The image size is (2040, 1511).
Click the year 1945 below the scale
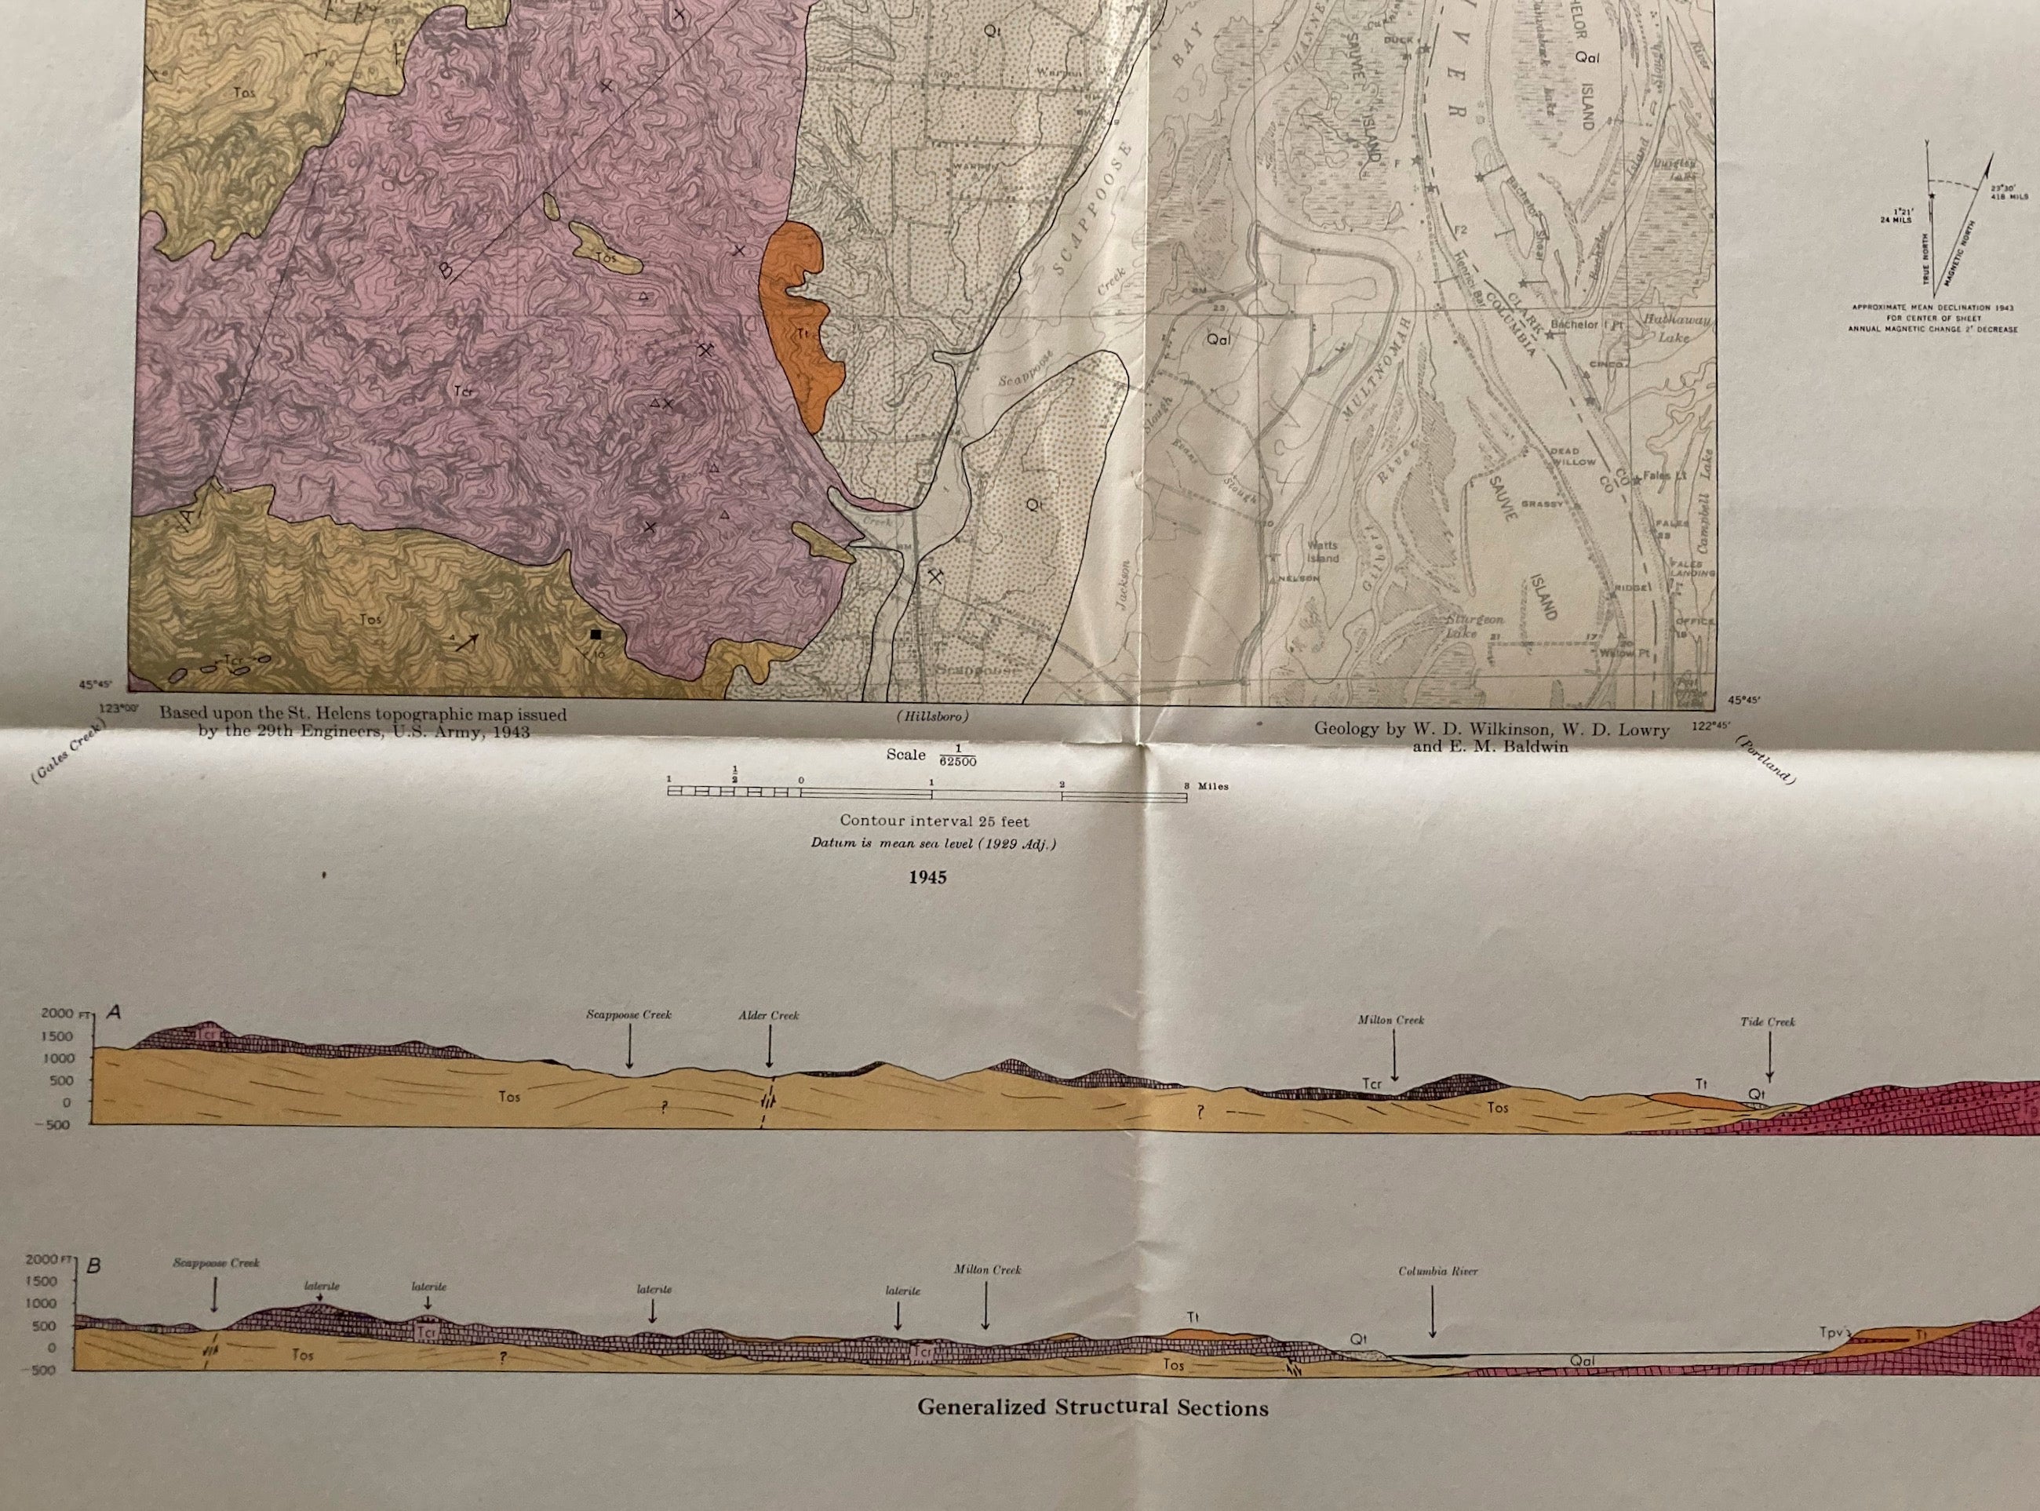[x=927, y=877]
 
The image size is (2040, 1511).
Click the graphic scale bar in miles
[x=927, y=794]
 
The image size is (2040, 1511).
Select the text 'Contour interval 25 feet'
[x=934, y=821]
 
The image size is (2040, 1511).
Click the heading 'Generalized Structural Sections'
[x=1092, y=1407]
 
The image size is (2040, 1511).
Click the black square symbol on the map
[x=596, y=634]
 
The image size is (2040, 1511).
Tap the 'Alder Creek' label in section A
[x=768, y=1015]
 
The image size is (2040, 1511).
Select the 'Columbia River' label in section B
[x=1437, y=1272]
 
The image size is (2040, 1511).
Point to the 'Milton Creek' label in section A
[x=1390, y=1020]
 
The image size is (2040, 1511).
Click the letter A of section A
[x=115, y=1013]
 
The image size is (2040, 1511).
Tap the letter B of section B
[x=93, y=1267]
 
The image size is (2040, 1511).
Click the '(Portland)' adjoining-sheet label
[x=1766, y=759]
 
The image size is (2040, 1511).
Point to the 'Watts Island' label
[x=1322, y=552]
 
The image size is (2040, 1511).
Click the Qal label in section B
[x=1582, y=1361]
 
